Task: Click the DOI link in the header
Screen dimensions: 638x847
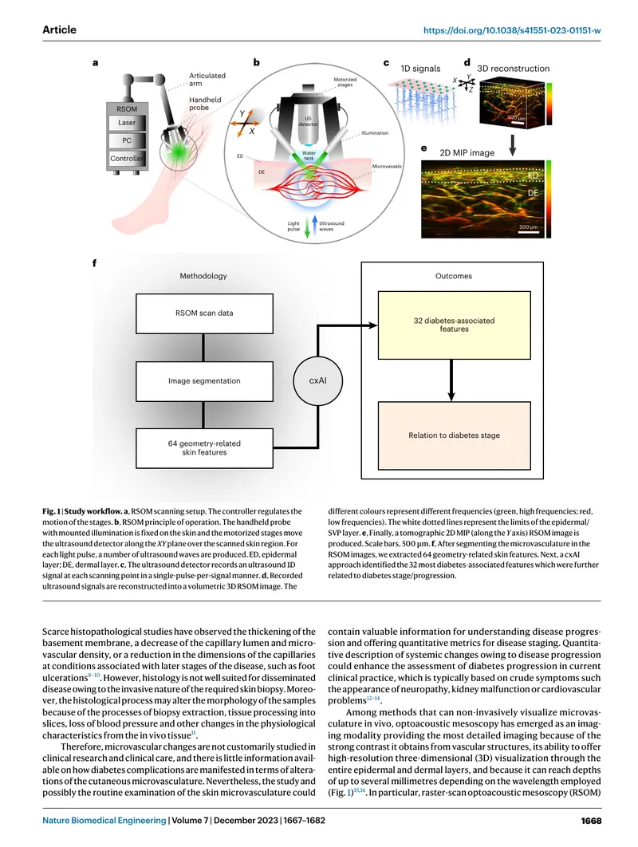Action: point(511,31)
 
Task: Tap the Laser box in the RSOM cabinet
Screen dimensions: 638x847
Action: point(127,123)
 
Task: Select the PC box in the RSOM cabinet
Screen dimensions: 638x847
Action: point(127,140)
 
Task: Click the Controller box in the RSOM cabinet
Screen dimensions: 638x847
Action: point(127,158)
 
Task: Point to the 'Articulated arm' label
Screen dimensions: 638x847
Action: point(207,80)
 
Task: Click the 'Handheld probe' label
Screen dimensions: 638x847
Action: point(205,104)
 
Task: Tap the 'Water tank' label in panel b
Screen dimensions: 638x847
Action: point(309,156)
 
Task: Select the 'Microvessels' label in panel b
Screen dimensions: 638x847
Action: point(387,167)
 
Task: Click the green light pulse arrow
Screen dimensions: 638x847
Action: point(307,227)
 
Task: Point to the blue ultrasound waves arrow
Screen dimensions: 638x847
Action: point(315,225)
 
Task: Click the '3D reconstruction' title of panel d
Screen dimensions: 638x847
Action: point(514,69)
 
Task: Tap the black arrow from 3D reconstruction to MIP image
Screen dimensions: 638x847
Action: point(513,145)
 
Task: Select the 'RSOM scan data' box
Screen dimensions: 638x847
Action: point(204,313)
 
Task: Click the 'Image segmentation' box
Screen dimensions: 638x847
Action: point(204,381)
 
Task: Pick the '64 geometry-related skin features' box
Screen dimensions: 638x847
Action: point(204,448)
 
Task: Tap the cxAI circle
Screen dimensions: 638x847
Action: point(318,380)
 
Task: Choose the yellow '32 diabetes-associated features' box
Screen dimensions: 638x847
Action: point(455,325)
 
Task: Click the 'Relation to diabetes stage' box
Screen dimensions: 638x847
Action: point(455,435)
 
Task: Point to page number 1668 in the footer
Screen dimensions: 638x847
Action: point(591,821)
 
